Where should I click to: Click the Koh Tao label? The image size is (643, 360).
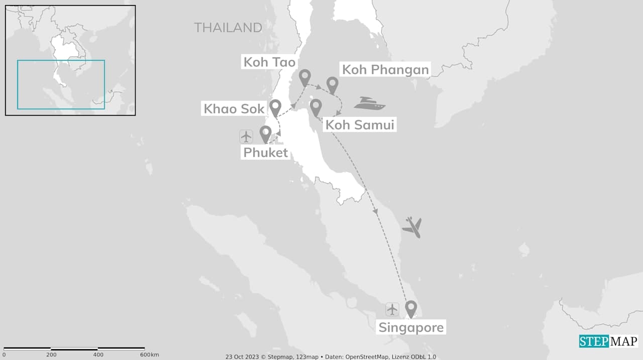269,62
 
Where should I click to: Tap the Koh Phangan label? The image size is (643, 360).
385,69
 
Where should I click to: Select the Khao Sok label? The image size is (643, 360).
234,108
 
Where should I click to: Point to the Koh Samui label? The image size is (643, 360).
360,125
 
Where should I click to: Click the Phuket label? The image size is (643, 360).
266,152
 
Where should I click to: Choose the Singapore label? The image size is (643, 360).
411,327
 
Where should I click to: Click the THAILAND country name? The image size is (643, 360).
228,28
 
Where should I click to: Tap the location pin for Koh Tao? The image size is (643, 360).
304,78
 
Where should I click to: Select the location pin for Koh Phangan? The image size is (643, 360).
332,84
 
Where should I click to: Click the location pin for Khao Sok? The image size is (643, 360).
275,107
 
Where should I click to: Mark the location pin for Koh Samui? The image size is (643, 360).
315,106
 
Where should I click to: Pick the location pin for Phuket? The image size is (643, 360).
265,133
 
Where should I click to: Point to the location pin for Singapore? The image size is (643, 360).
411,308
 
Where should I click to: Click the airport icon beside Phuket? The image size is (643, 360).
246,136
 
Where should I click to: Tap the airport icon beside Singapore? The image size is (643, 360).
392,309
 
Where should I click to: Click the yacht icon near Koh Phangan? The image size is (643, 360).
369,103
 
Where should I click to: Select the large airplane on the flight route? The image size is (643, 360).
412,227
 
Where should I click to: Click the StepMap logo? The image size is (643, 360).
608,341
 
